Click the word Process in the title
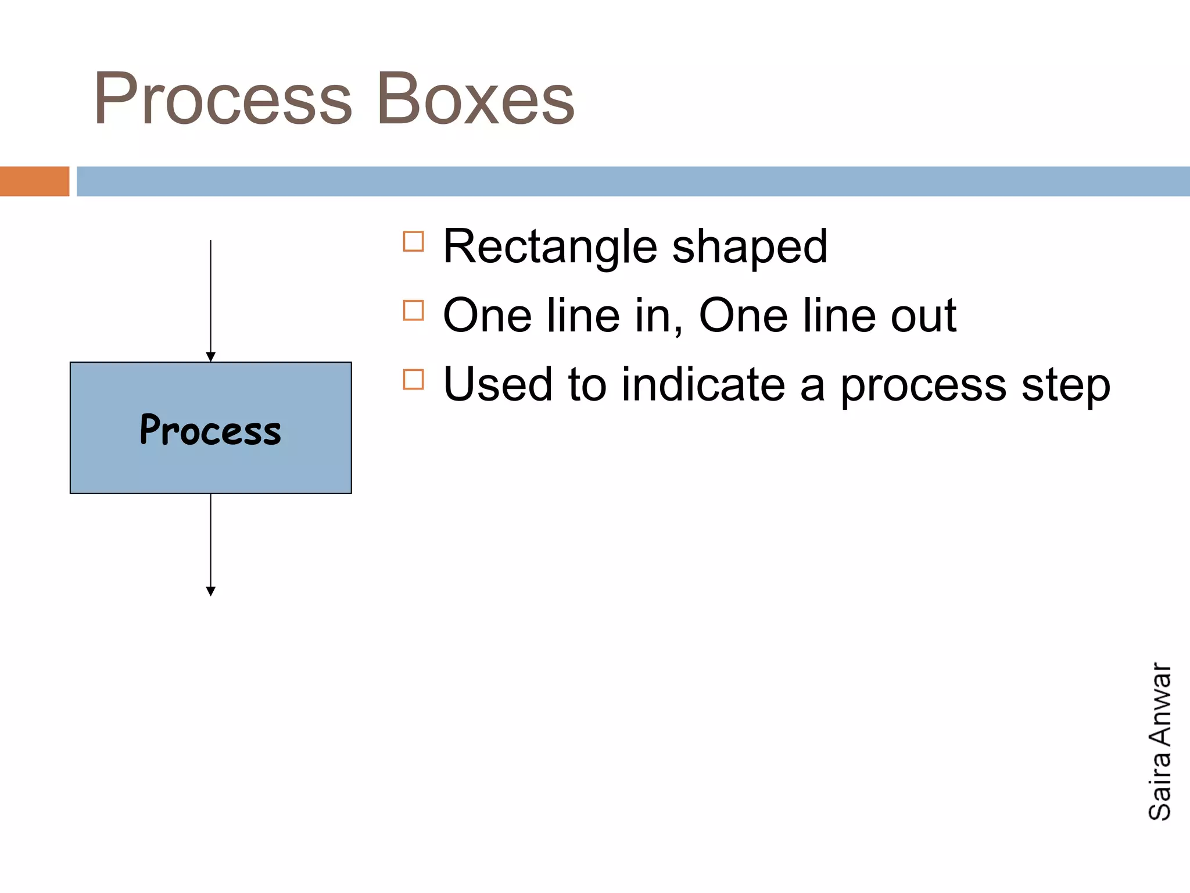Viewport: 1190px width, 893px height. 223,99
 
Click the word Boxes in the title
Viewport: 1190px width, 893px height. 475,99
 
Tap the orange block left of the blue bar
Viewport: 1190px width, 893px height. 34,181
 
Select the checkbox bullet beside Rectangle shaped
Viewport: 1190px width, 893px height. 413,241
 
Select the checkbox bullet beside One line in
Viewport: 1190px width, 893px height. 413,310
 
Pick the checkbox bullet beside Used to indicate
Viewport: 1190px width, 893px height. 413,380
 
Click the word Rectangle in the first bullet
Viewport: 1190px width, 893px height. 550,247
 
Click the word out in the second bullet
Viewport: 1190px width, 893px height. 923,316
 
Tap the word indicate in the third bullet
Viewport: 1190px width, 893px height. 703,385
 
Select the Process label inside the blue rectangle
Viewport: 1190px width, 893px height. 210,430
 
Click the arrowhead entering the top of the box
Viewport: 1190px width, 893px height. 211,356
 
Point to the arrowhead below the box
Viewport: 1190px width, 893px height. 211,591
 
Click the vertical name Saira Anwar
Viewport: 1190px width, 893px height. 1160,741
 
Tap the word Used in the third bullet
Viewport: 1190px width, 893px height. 497,385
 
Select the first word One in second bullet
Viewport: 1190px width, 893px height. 487,316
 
